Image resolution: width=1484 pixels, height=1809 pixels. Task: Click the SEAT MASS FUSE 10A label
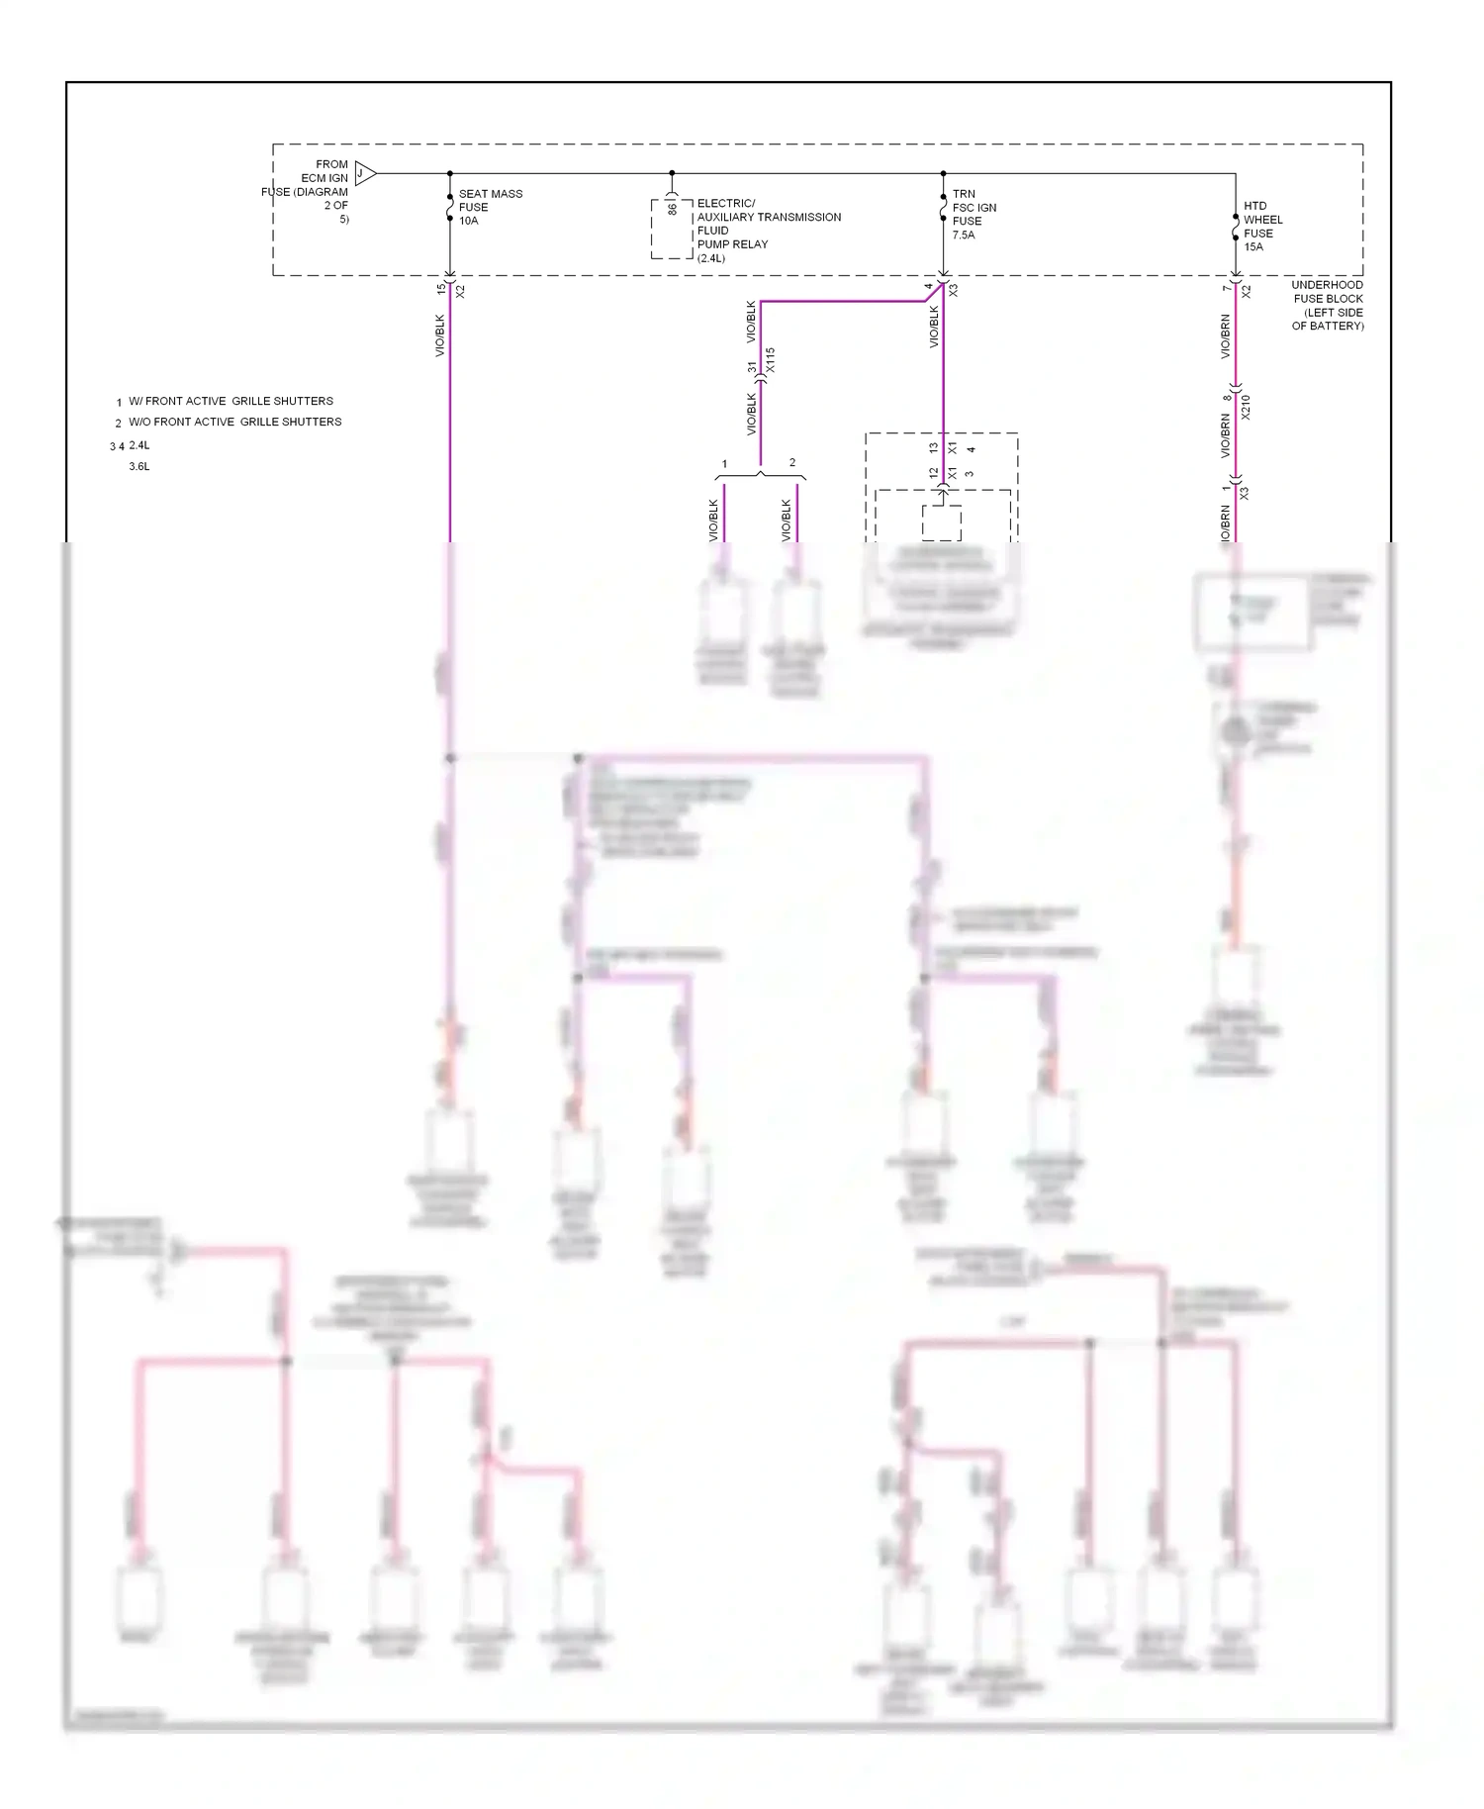point(490,207)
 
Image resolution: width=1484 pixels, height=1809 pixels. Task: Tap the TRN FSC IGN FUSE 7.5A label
point(974,215)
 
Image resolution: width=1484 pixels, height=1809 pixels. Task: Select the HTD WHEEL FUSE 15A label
point(1262,227)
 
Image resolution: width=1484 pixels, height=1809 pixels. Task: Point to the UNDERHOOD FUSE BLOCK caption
point(1327,305)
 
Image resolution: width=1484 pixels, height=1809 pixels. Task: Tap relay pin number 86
point(673,208)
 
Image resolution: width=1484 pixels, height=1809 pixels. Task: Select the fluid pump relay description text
point(768,231)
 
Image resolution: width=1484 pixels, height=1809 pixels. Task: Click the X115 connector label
point(771,360)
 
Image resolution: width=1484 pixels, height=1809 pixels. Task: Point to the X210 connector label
point(1246,407)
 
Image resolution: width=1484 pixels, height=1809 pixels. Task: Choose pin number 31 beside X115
point(753,367)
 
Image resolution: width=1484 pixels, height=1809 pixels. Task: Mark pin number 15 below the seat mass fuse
point(441,289)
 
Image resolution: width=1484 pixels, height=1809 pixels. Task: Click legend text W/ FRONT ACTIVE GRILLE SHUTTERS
point(231,401)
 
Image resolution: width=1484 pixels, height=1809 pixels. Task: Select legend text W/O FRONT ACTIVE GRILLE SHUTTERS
point(234,422)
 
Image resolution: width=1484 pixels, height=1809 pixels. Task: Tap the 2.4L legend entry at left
point(139,445)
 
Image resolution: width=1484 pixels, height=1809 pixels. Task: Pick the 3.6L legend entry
point(139,466)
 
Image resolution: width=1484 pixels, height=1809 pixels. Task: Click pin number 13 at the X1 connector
point(934,447)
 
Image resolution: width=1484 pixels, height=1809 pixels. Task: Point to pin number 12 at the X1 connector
point(934,473)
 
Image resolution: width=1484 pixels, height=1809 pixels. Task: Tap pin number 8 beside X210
point(1227,398)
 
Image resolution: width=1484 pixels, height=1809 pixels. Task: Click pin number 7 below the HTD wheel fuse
point(1227,288)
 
